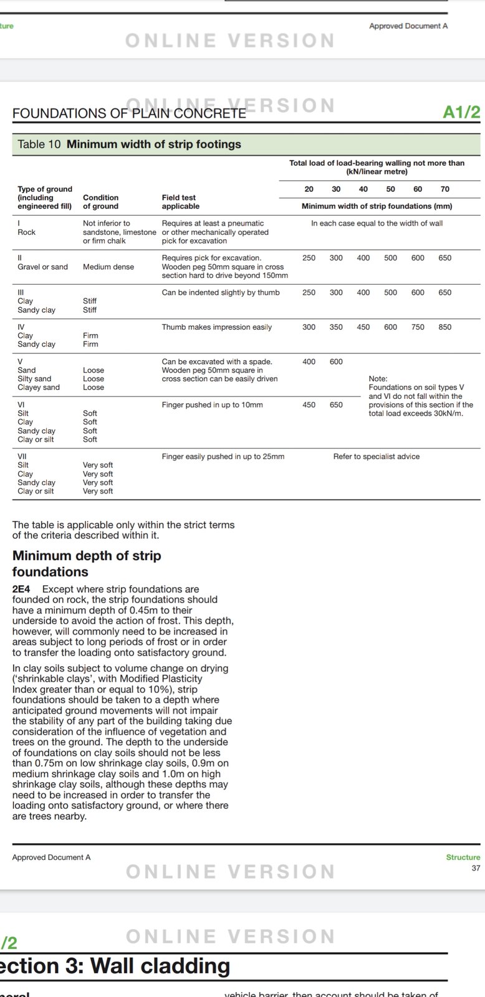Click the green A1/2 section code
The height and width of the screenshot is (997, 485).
coord(461,112)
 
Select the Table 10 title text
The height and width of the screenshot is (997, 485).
coord(129,144)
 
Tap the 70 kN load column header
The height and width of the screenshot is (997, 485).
coord(444,189)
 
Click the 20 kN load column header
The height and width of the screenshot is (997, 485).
coord(309,189)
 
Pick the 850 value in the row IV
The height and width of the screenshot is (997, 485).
coord(444,327)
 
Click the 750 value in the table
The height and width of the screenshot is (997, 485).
coord(418,327)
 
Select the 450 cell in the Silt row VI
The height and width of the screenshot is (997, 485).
coord(309,405)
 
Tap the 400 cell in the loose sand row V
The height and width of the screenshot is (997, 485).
coord(309,361)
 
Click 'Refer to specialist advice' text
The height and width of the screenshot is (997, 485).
coord(376,457)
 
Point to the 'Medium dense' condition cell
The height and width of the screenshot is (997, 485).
coord(108,267)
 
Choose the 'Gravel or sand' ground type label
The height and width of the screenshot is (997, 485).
coord(42,267)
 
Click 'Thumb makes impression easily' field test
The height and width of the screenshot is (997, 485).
coord(216,327)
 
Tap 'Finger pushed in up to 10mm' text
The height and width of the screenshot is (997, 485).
coord(212,405)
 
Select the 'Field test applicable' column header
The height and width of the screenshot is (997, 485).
coord(180,202)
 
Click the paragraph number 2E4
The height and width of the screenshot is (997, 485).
coord(21,589)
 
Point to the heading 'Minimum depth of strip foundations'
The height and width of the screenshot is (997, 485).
coord(87,563)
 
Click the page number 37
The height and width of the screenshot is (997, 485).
coord(476,868)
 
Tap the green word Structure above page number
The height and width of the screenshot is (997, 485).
coord(463,857)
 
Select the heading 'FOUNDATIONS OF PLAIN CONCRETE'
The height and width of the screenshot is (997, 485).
coord(129,113)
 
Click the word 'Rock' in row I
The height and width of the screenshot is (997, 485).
coord(26,232)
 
